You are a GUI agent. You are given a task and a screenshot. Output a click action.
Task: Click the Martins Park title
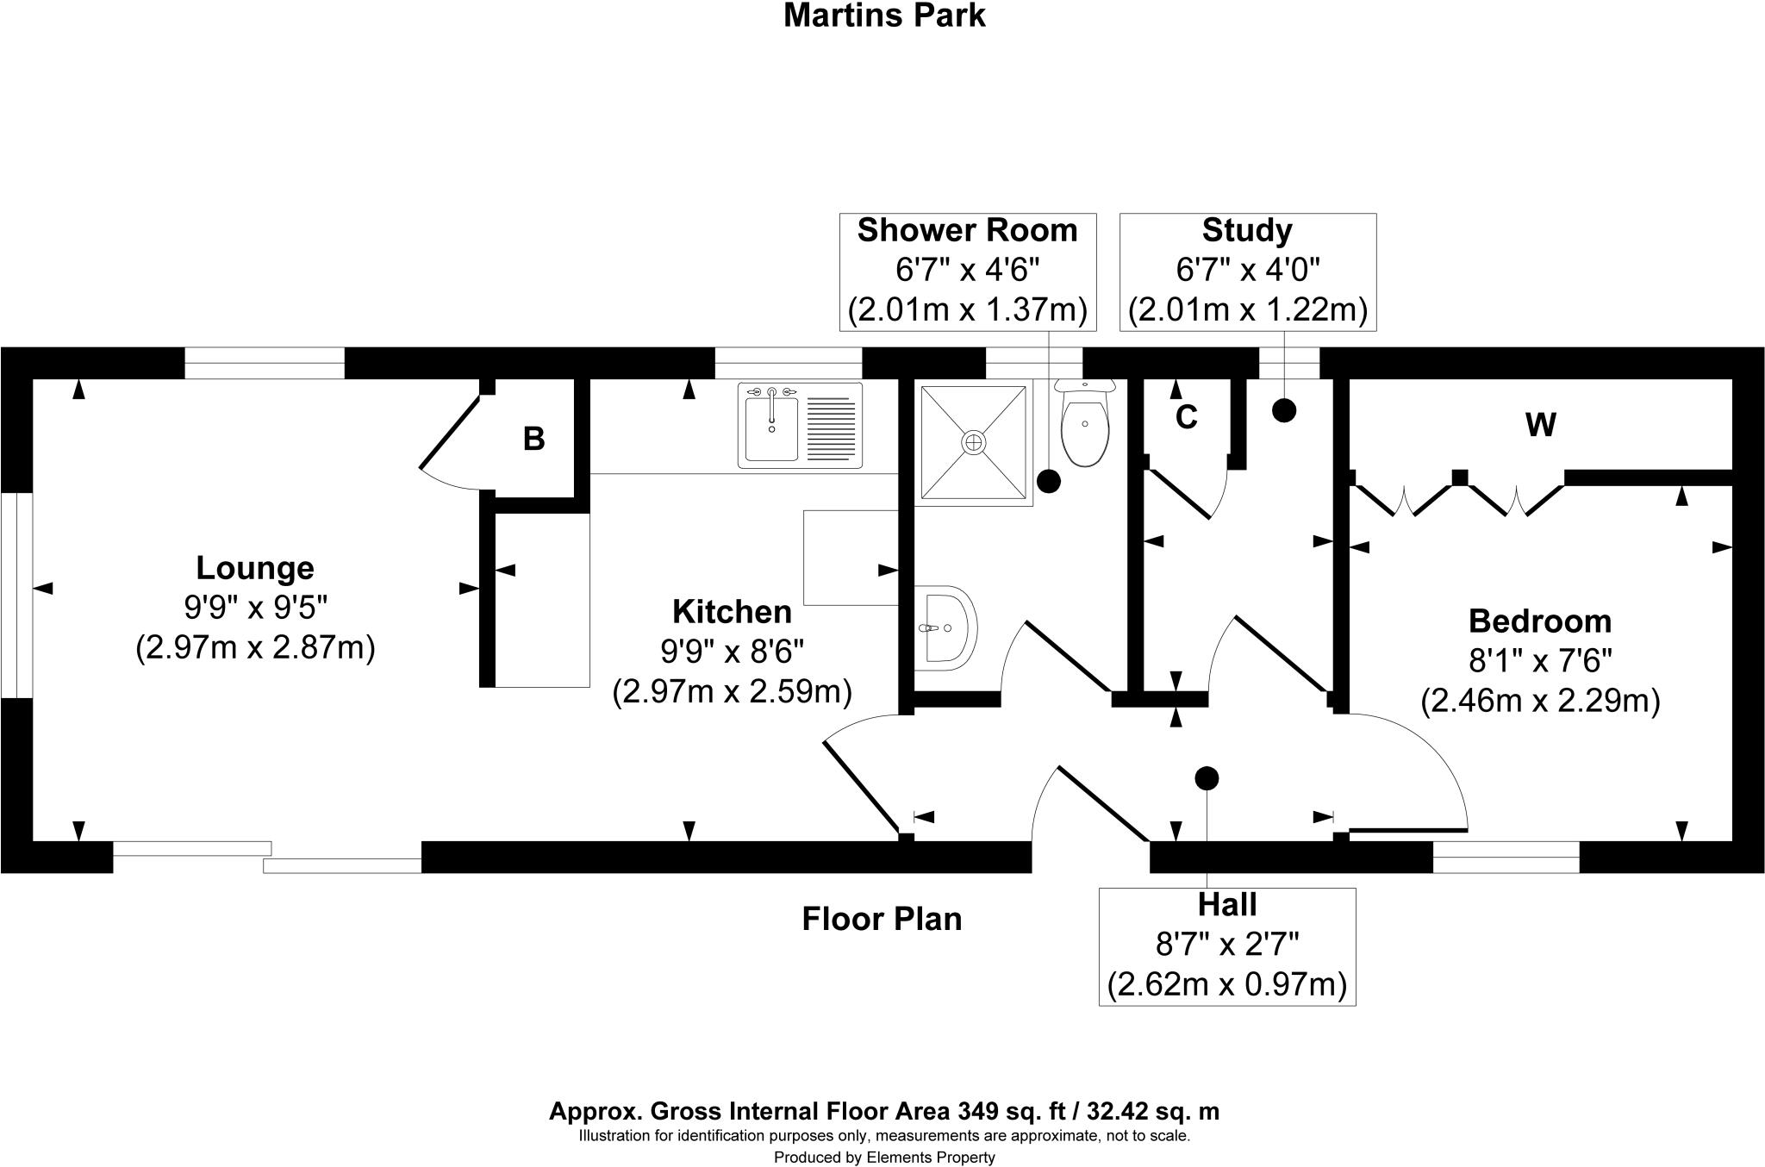[883, 16]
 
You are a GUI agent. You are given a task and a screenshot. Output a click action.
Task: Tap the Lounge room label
[255, 568]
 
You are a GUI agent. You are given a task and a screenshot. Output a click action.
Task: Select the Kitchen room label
[732, 612]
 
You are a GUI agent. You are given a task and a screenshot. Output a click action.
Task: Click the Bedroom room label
[1539, 621]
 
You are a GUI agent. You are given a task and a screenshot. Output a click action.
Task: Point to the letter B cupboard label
[533, 440]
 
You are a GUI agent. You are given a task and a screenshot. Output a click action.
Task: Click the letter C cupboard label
[1186, 418]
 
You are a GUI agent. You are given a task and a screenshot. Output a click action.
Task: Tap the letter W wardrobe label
[1540, 425]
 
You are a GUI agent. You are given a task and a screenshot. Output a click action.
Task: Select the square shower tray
[974, 442]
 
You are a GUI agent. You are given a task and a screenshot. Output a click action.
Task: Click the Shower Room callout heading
[967, 231]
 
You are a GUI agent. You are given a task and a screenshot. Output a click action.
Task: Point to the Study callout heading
[1246, 231]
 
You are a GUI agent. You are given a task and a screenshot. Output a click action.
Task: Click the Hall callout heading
[1226, 905]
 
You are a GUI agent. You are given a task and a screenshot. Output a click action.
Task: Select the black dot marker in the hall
[1207, 778]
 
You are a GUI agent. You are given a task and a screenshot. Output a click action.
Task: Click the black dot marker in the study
[1284, 410]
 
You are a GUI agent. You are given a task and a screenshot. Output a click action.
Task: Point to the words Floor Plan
[882, 919]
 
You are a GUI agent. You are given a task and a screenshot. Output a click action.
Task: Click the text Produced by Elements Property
[883, 1158]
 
